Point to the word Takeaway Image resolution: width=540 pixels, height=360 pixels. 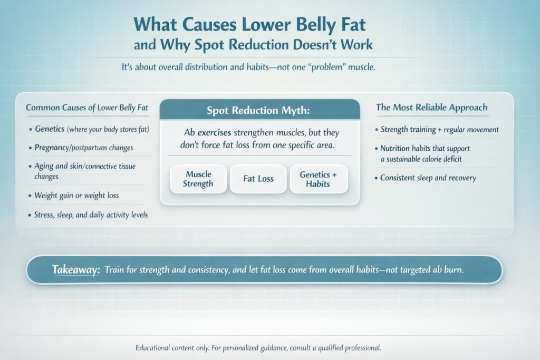point(76,269)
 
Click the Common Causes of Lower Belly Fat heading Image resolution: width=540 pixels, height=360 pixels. point(87,108)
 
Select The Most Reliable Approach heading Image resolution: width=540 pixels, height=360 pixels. point(431,108)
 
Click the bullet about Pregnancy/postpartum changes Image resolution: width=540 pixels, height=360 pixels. point(84,148)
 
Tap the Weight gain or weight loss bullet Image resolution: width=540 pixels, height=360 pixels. point(77,196)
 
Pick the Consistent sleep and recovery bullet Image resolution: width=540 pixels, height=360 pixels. point(428,178)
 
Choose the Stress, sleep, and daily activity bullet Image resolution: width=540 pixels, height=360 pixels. point(91,215)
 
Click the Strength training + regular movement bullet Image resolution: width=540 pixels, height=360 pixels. point(439,129)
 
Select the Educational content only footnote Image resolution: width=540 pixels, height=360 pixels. point(258,348)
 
